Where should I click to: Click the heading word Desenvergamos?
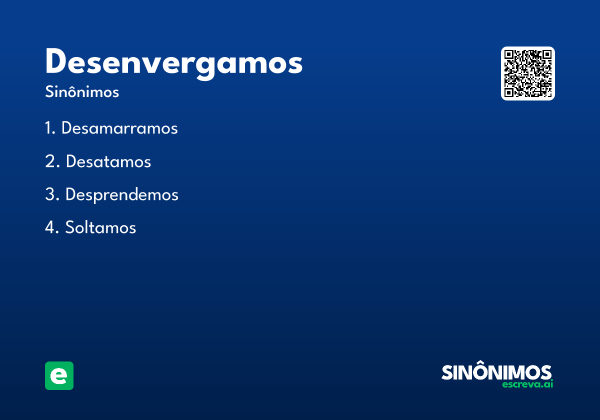(x=173, y=63)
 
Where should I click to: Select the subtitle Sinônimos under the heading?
(x=82, y=92)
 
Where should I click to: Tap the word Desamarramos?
(x=119, y=128)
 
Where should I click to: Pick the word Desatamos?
(x=108, y=161)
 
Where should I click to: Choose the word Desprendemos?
(x=121, y=194)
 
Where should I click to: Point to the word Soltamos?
(x=100, y=227)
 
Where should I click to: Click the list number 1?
(x=49, y=128)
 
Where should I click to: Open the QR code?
(x=528, y=73)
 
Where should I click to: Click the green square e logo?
(x=59, y=375)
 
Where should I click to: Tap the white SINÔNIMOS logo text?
(x=496, y=372)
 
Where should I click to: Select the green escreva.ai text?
(x=527, y=384)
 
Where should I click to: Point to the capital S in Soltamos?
(x=70, y=227)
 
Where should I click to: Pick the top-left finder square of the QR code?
(x=509, y=55)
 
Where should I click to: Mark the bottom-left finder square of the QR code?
(x=509, y=92)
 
